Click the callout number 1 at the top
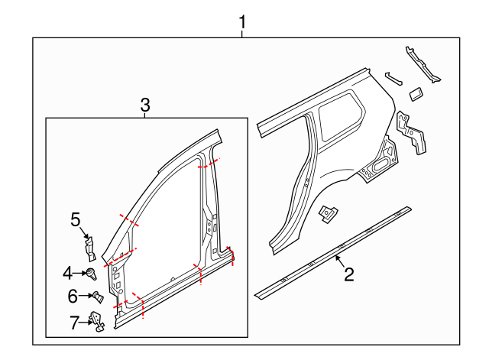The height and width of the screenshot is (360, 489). point(243,22)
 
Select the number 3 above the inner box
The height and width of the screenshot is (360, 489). point(146,105)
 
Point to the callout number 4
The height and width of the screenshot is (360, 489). point(67,271)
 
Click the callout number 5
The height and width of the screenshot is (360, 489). point(76,220)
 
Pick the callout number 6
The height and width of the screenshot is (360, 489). point(73,296)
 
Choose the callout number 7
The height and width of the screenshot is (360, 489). point(74,323)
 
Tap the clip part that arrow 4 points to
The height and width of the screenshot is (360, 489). point(92,271)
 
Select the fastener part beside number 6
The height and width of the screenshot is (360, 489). point(97,297)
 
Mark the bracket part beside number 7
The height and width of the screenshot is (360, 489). point(99,323)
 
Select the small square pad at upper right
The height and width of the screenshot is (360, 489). point(416,93)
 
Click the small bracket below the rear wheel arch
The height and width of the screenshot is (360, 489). point(329,214)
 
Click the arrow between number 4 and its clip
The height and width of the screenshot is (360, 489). point(80,271)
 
